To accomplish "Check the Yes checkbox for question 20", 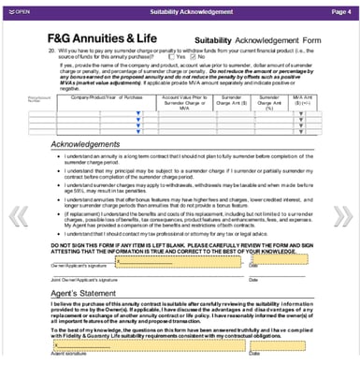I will [x=169, y=56].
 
